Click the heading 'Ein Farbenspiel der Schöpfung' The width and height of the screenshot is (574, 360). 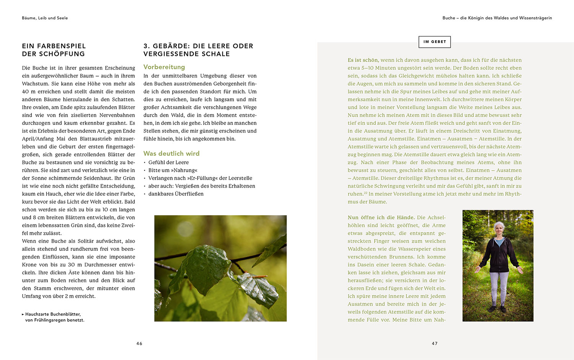coord(54,50)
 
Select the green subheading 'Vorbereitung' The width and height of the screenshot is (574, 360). coord(164,67)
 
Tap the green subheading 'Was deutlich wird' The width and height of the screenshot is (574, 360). coord(171,154)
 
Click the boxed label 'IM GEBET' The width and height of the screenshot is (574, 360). coord(435,42)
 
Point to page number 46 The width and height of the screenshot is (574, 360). coord(139,344)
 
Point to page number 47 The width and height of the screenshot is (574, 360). coord(435,344)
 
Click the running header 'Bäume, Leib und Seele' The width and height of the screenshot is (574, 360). coord(45,18)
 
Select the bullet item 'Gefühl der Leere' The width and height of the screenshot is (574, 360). coord(168,162)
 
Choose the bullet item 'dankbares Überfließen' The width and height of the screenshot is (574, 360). coord(176,194)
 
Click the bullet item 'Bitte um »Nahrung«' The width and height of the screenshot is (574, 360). coord(173,170)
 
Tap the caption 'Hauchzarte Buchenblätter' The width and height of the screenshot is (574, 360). coord(53,314)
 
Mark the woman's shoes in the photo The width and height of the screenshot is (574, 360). coord(497,309)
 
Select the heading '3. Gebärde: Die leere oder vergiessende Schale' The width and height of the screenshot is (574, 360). coord(198,50)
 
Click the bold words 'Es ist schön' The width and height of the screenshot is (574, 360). coord(363,60)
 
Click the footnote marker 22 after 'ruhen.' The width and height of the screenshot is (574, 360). coord(366,193)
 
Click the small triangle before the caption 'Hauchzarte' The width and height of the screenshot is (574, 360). coord(23,314)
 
